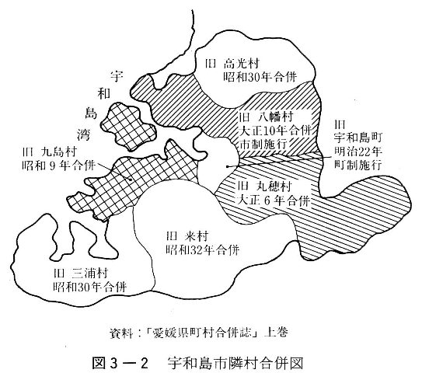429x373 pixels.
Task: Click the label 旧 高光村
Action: (232, 64)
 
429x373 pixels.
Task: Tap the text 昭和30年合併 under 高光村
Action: (260, 78)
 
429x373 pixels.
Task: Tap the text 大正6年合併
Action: (274, 201)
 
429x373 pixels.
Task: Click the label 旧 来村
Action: (187, 236)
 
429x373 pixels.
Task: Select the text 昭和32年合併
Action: (203, 250)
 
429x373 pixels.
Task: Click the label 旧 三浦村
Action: (81, 274)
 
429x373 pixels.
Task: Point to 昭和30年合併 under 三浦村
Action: (90, 287)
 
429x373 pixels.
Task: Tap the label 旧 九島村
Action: (50, 152)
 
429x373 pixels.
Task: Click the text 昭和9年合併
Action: (59, 166)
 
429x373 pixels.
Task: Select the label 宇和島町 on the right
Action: (357, 138)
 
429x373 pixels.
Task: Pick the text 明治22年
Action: (358, 152)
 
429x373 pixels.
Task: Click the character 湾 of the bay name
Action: (83, 134)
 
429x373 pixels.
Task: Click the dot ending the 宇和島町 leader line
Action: (227, 166)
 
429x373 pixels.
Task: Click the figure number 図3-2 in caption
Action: (120, 364)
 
